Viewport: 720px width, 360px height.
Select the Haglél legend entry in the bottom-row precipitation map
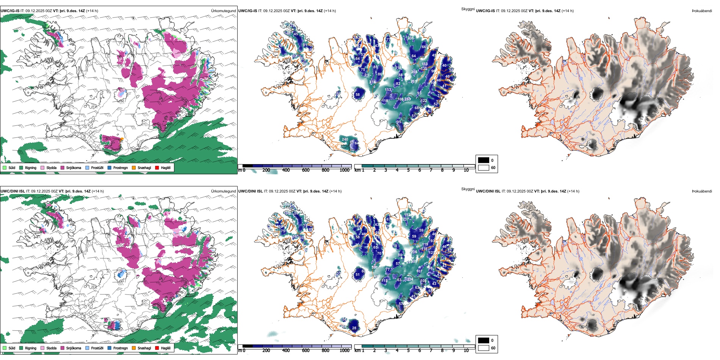[166, 348]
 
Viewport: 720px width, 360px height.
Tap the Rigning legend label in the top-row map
[31, 167]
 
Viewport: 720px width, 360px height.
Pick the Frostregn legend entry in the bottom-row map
[120, 348]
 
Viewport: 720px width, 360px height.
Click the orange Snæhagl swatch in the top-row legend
[134, 167]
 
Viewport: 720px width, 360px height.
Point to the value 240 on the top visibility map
[345, 139]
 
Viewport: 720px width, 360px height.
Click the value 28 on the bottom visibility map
[354, 328]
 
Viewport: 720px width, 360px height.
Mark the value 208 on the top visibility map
[411, 38]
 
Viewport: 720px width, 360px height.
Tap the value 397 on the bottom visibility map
[374, 268]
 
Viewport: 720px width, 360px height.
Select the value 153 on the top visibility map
[388, 90]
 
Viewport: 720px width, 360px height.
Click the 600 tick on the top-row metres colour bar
[306, 170]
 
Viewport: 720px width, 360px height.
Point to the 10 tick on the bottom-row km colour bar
[466, 351]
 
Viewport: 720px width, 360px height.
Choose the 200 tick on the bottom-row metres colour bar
[266, 351]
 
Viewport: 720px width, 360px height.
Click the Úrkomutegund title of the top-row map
[223, 11]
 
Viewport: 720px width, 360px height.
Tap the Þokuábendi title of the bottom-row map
[702, 191]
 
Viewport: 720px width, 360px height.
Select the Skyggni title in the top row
[468, 9]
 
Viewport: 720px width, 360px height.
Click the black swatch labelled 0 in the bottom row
[484, 340]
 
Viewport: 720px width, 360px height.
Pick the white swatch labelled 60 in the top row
[484, 167]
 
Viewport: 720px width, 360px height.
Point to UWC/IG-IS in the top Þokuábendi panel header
[485, 11]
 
